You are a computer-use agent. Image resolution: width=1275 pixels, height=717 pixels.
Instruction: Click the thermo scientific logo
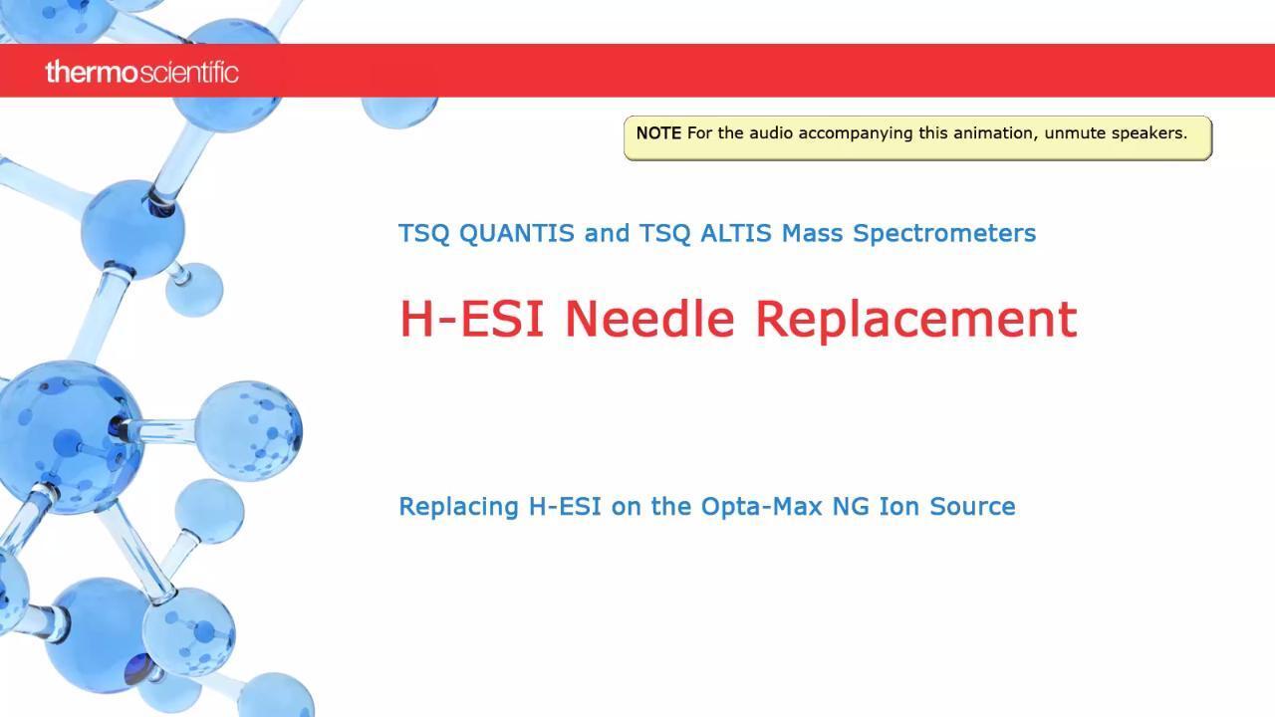click(x=141, y=73)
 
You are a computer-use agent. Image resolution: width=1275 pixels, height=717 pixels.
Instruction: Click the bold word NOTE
click(x=658, y=133)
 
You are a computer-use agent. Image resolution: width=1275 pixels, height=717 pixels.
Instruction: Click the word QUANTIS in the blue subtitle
click(x=516, y=233)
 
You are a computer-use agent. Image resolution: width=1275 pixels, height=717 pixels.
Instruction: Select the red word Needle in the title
click(x=649, y=318)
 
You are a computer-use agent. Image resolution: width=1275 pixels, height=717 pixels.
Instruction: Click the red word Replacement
click(x=916, y=321)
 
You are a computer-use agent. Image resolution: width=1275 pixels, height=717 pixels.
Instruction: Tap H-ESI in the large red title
click(x=472, y=318)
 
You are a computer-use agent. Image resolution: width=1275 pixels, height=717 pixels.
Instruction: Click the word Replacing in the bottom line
click(x=459, y=507)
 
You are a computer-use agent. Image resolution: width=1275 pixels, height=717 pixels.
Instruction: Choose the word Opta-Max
click(x=761, y=507)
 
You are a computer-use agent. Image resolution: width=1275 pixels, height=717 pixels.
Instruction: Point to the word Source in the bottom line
click(x=972, y=507)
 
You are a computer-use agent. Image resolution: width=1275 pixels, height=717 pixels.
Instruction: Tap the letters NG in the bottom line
click(x=851, y=507)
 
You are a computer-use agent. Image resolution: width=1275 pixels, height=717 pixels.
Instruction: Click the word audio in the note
click(x=771, y=133)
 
